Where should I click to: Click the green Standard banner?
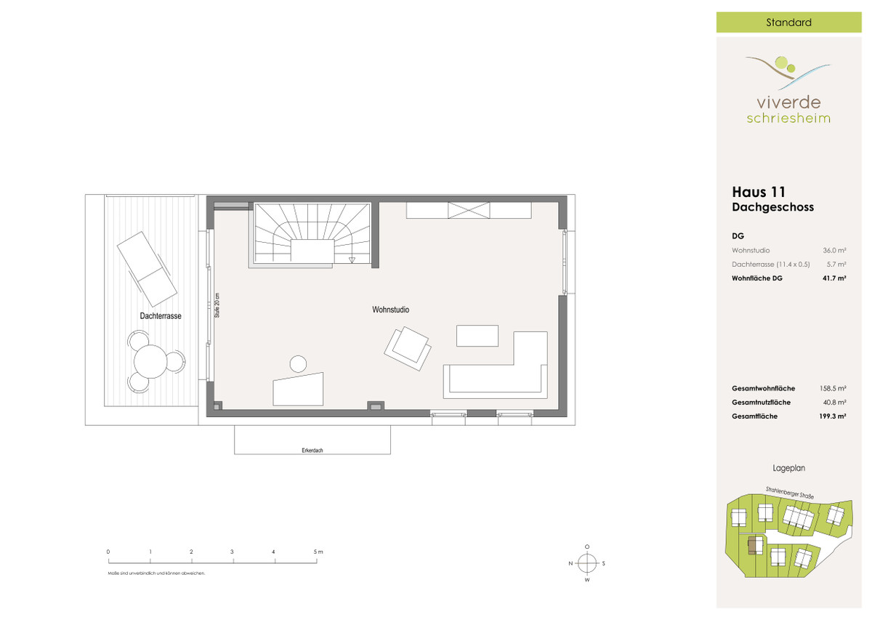788,23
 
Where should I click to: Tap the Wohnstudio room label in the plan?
390,310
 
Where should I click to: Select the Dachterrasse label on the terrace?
161,316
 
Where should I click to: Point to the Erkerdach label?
312,451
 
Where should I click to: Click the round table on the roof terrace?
150,361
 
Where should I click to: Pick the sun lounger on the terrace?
147,269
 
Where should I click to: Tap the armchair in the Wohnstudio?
408,348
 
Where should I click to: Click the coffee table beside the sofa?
477,336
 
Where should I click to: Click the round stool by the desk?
298,364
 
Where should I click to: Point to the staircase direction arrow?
352,260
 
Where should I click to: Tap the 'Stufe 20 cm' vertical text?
217,305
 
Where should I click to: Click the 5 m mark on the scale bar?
317,560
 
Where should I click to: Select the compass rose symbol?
587,563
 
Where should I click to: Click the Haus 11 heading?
759,192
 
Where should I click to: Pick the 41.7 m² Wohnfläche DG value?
834,278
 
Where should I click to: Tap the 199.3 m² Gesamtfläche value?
833,416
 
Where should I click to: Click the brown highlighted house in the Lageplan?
754,545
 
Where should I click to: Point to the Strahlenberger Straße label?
789,493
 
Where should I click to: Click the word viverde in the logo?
788,102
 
